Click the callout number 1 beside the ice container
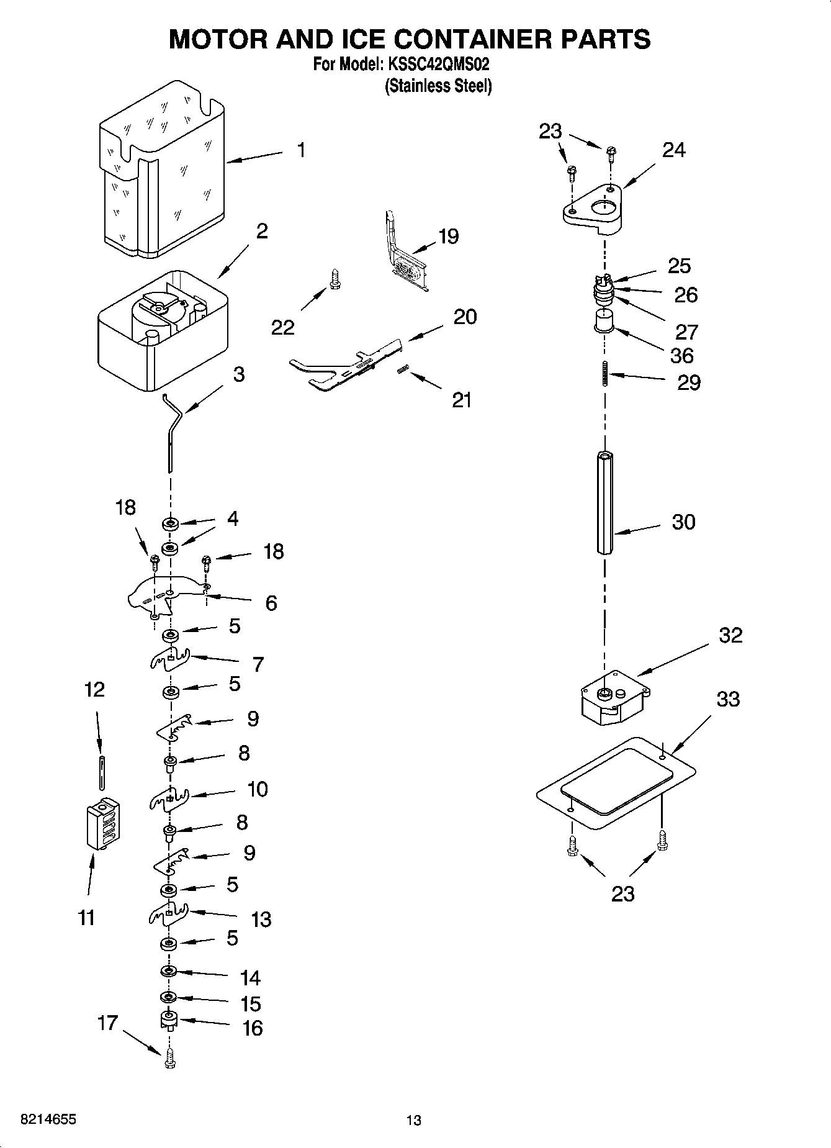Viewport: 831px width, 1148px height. [301, 150]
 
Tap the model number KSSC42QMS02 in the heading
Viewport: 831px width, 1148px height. [439, 64]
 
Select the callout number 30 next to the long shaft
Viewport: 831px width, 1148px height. [683, 522]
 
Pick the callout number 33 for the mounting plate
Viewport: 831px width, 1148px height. [728, 699]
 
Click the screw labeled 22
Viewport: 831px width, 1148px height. [335, 278]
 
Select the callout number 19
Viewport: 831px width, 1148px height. [448, 236]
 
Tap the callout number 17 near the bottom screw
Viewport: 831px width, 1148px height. [107, 1022]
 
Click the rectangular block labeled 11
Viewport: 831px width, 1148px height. [102, 823]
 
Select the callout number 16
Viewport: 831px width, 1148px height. [252, 1028]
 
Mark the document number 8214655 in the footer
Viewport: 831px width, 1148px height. [40, 1119]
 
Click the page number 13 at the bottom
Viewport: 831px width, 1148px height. [413, 1120]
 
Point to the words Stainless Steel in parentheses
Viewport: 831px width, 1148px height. [438, 86]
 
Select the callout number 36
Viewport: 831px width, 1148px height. [682, 356]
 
